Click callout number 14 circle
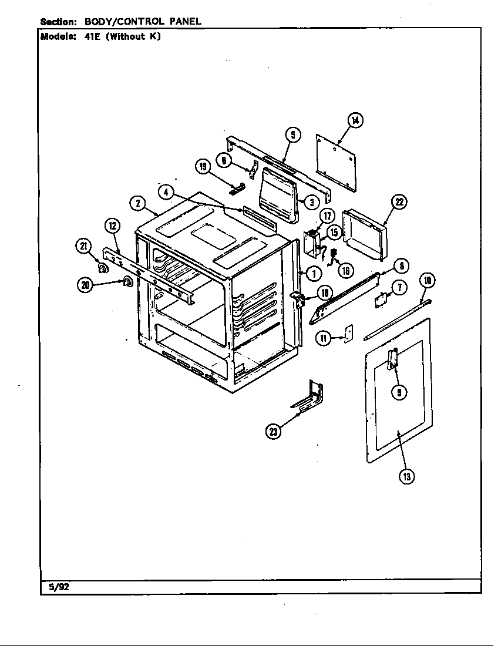(355, 120)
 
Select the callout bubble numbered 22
(399, 203)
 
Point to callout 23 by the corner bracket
(274, 432)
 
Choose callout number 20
(86, 285)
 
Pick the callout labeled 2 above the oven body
(137, 203)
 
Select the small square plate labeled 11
(348, 334)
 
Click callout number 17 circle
(327, 216)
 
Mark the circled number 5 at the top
(293, 135)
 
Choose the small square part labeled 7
(381, 300)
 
